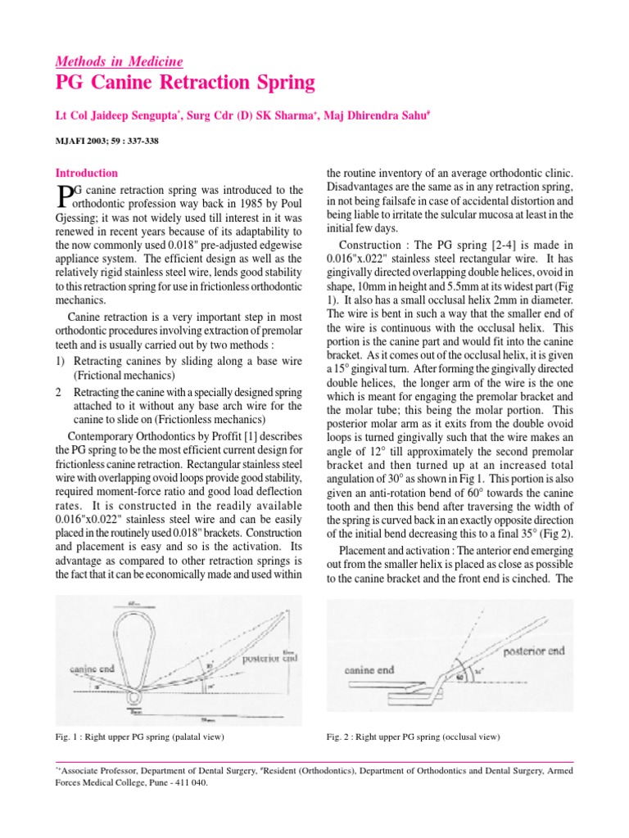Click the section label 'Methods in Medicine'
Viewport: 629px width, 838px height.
tap(119, 61)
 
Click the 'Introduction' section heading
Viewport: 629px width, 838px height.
tap(86, 173)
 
